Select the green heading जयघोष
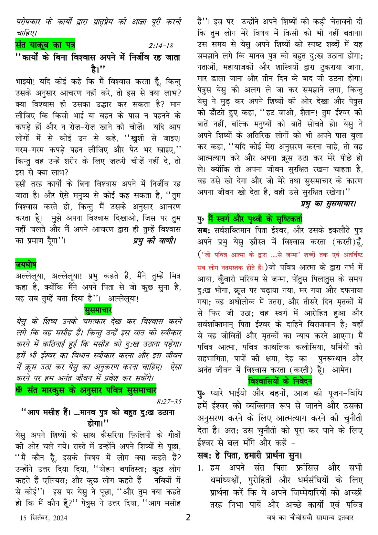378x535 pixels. pos(26,264)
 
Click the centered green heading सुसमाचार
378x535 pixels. pos(98,310)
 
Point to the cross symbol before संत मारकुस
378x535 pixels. pos(19,390)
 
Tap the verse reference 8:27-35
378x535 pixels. pos(169,402)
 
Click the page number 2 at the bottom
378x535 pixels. pos(188,517)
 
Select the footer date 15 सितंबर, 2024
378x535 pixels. pos(43,518)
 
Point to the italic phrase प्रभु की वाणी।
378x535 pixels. pos(154,241)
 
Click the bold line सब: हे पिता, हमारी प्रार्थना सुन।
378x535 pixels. pos(250,455)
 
